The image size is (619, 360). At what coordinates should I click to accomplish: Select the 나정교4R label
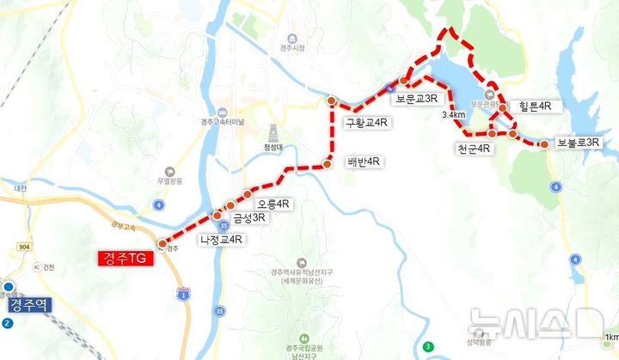pos(221,241)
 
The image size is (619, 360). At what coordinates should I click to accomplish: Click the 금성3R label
pos(248,218)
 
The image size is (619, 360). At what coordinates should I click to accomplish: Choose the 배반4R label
pos(364,162)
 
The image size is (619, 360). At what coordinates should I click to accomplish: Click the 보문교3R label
pos(419,99)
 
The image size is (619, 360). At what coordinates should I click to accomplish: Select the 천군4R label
pos(474,148)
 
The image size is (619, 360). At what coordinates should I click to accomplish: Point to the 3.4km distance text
pos(453,115)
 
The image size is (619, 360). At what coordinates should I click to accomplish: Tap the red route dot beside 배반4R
pos(328,163)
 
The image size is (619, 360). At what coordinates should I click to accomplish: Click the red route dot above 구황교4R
pos(331,101)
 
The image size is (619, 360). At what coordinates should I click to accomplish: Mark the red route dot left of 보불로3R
pos(544,144)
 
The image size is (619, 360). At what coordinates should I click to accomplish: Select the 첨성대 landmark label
pos(274,147)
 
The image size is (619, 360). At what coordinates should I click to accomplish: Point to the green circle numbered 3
pos(427,346)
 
